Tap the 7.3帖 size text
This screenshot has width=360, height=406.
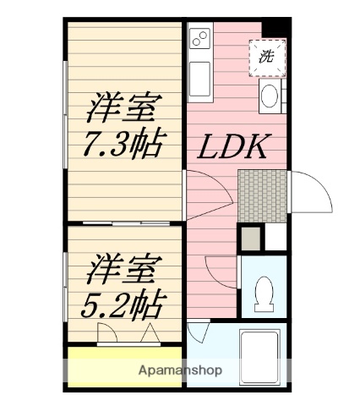tap(123, 145)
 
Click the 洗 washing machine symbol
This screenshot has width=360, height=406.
tap(267, 58)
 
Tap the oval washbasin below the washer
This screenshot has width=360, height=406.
tap(270, 96)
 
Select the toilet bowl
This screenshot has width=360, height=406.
tap(264, 290)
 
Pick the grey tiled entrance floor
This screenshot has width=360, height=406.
tap(263, 195)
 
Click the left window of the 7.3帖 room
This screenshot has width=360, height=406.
tap(65, 119)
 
